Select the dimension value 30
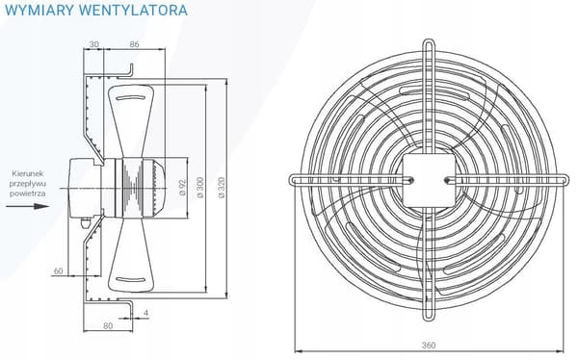[x=94, y=44]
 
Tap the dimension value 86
[x=135, y=44]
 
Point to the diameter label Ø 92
[x=183, y=187]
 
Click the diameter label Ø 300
[x=200, y=188]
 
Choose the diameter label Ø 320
[x=222, y=188]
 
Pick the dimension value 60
[x=58, y=271]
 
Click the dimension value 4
[x=146, y=313]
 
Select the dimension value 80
[x=108, y=326]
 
